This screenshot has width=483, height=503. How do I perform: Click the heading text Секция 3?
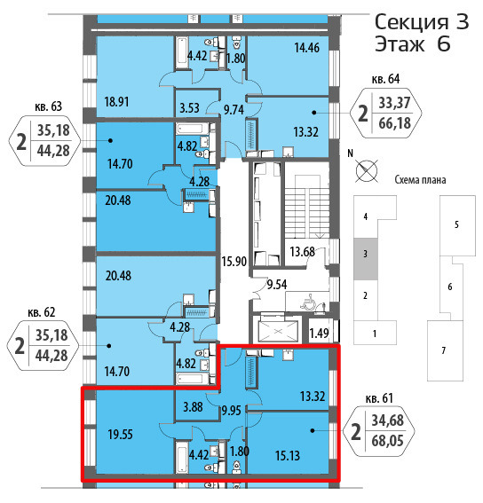click(x=422, y=22)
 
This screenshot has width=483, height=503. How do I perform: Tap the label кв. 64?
click(x=385, y=79)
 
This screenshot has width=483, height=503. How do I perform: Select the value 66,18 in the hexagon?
click(x=395, y=122)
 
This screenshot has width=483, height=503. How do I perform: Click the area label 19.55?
click(x=121, y=435)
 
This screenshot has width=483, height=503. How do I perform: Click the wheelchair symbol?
click(x=308, y=302)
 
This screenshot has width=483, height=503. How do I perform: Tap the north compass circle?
click(x=367, y=170)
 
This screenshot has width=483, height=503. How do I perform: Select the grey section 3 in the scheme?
click(x=366, y=259)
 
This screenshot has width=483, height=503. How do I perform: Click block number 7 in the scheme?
click(x=444, y=350)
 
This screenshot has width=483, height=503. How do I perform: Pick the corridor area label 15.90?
click(x=234, y=262)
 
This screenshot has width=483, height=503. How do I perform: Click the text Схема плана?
click(x=420, y=180)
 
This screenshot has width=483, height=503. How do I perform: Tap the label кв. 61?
click(x=379, y=398)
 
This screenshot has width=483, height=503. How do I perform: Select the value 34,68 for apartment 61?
click(x=388, y=420)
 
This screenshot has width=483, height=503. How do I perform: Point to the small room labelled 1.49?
click(x=319, y=334)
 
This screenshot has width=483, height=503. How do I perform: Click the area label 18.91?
click(x=116, y=102)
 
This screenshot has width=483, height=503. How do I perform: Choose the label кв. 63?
click(x=49, y=106)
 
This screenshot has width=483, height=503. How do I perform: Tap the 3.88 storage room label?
click(x=193, y=407)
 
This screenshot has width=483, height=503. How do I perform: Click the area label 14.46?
click(x=307, y=48)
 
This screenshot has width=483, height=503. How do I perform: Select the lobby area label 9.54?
click(x=277, y=285)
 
